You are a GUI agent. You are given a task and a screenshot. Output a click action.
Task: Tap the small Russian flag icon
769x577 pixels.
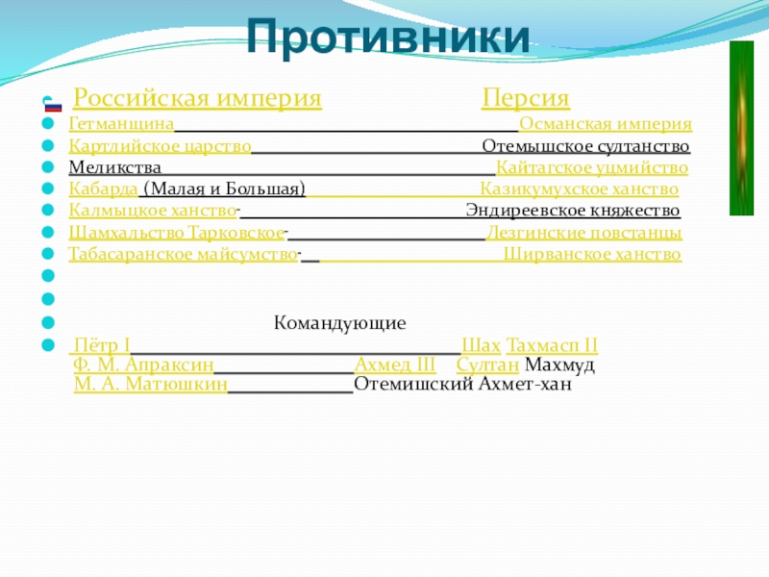click(x=53, y=106)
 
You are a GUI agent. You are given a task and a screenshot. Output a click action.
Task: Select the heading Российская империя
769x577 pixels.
click(x=197, y=99)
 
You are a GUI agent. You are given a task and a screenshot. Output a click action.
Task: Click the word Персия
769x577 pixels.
click(x=526, y=99)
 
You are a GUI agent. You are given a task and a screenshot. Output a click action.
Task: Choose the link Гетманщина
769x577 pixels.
click(x=121, y=125)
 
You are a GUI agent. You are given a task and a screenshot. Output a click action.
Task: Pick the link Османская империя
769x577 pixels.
click(x=606, y=125)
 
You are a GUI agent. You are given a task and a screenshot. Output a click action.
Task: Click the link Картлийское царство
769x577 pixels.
click(x=161, y=147)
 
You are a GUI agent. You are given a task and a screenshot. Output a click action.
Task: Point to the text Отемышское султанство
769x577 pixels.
click(x=585, y=147)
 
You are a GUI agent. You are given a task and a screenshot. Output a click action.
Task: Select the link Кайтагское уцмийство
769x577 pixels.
click(x=592, y=168)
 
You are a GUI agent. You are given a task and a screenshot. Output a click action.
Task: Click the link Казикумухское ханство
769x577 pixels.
click(x=579, y=189)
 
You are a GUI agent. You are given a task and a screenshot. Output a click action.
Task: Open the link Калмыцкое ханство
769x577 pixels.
click(x=153, y=211)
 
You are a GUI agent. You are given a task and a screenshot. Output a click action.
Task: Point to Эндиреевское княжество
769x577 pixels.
click(x=573, y=211)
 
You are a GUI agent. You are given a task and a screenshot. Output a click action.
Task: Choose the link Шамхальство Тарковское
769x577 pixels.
click(x=177, y=233)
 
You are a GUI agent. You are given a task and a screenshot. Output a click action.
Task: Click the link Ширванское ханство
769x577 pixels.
click(x=592, y=255)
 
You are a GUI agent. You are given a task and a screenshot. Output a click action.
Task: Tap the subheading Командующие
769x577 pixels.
click(x=340, y=323)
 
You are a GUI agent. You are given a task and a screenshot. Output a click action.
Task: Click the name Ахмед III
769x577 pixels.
click(x=395, y=365)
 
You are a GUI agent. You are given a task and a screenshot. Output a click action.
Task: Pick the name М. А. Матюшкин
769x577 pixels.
click(x=151, y=386)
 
